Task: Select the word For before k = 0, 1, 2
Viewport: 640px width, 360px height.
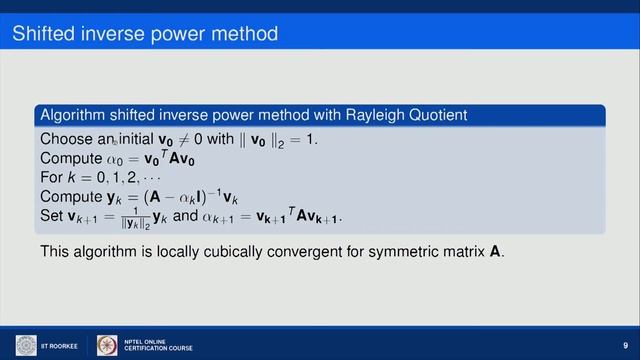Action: tap(53, 178)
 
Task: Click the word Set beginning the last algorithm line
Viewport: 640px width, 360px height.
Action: tap(52, 216)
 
